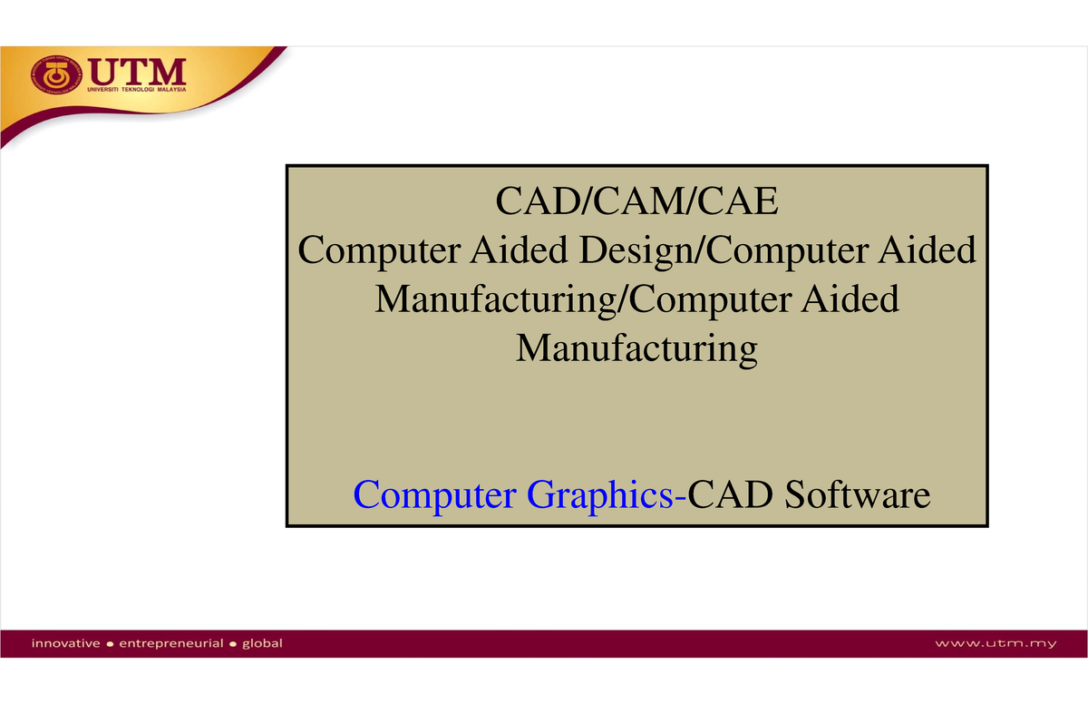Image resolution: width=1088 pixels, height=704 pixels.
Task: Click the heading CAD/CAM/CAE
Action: click(x=636, y=201)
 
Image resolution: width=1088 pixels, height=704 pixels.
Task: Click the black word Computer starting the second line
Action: click(x=378, y=250)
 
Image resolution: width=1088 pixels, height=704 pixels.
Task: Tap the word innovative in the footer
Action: click(x=66, y=644)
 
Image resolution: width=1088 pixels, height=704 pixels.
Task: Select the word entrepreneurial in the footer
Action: click(x=171, y=644)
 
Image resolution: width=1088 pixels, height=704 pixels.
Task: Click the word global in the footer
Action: click(x=262, y=644)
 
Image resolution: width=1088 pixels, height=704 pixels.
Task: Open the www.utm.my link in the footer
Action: click(x=996, y=644)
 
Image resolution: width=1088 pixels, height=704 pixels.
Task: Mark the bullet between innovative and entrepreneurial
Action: click(x=110, y=645)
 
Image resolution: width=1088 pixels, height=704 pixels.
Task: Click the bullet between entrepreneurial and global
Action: click(x=233, y=645)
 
